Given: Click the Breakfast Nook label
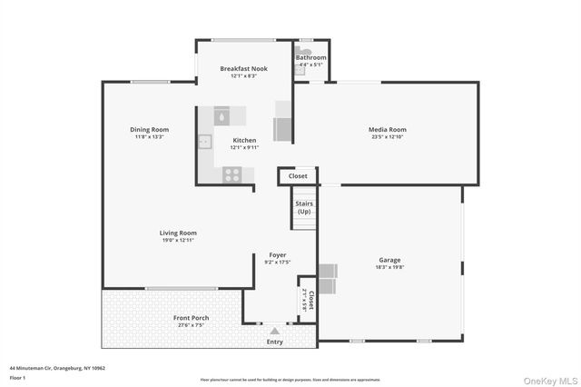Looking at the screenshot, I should (x=244, y=69).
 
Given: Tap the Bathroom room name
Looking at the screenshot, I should (x=311, y=58).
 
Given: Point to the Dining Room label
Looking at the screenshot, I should (x=149, y=130).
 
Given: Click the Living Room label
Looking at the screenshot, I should (x=178, y=233).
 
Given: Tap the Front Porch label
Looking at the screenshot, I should (x=192, y=317).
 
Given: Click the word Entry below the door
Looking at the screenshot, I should (x=274, y=342).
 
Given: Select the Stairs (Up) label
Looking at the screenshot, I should (x=303, y=207).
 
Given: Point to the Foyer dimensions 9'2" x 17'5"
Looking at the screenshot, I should (x=277, y=263).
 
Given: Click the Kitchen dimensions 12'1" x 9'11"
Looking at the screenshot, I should (x=244, y=147).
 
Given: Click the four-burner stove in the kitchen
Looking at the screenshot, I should (x=231, y=175).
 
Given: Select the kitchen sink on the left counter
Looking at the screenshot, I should (x=206, y=142).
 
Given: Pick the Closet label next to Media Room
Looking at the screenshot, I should (x=299, y=176).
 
